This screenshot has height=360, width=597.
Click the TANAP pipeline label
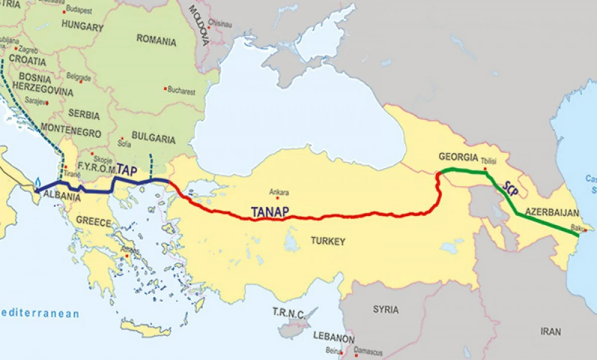270,211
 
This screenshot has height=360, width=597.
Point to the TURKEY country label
328,241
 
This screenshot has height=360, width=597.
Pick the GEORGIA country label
458,157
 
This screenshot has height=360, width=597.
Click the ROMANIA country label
156,40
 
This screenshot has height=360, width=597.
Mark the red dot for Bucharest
165,89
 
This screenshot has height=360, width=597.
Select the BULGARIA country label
153,137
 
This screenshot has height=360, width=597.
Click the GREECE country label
94,222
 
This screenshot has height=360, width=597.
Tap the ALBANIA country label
62,196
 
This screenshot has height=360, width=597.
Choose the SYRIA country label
386,309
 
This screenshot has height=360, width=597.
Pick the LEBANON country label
334,336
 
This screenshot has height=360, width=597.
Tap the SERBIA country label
84,114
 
